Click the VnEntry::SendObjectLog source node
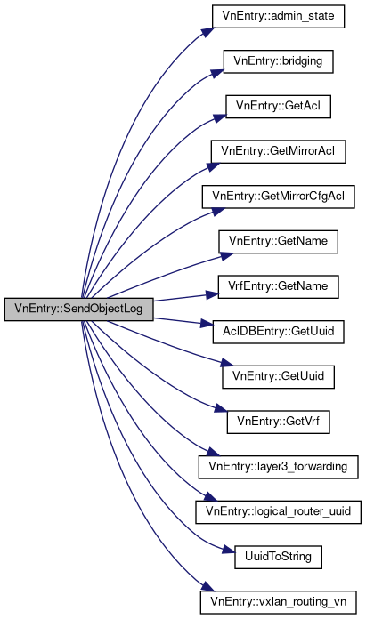[78, 309]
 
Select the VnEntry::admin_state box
[278, 16]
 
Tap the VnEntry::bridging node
[278, 61]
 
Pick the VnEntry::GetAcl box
[278, 106]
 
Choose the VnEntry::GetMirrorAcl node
[278, 151]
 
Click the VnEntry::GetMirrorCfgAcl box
[278, 197]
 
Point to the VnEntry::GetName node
[278, 242]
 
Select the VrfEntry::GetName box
[278, 286]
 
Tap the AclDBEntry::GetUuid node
[278, 332]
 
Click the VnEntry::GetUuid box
[278, 376]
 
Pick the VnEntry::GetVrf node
[278, 422]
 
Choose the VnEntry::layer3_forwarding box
[278, 467]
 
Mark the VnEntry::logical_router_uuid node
[278, 512]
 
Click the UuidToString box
[278, 557]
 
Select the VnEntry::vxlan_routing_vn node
[278, 602]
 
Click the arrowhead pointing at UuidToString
[229, 549]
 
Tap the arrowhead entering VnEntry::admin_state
[207, 32]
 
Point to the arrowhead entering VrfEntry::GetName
[211, 294]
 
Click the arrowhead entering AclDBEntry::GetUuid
[207, 324]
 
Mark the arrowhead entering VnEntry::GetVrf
[222, 409]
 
